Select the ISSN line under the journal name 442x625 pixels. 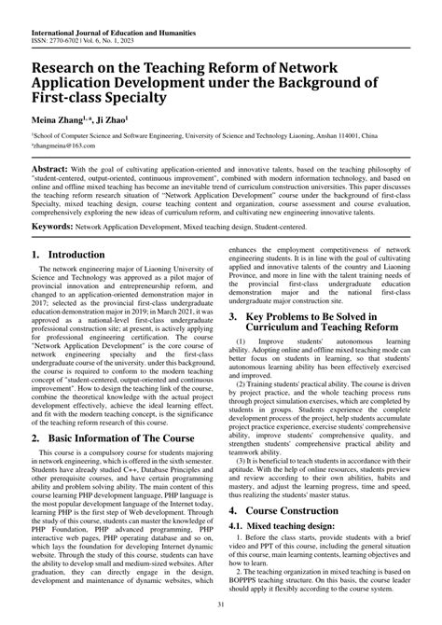pyautogui.click(x=70, y=19)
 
